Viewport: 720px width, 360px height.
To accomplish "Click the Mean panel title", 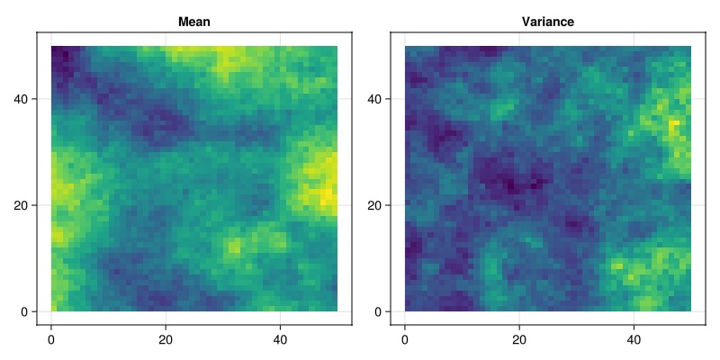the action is point(194,22).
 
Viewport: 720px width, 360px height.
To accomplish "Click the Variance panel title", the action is point(548,22).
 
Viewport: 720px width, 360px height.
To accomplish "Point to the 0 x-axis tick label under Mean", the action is point(51,340).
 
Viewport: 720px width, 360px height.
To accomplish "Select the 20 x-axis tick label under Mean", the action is point(166,340).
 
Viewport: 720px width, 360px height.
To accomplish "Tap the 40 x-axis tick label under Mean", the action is point(280,340).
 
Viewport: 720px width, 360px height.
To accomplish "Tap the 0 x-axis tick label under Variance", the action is point(404,340).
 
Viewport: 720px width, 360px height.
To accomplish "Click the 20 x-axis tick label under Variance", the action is point(519,340).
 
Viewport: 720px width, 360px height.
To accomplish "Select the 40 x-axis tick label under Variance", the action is point(634,340).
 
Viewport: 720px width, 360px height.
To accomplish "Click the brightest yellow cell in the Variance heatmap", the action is point(674,123).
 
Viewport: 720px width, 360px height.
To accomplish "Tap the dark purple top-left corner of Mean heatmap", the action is point(62,59).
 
